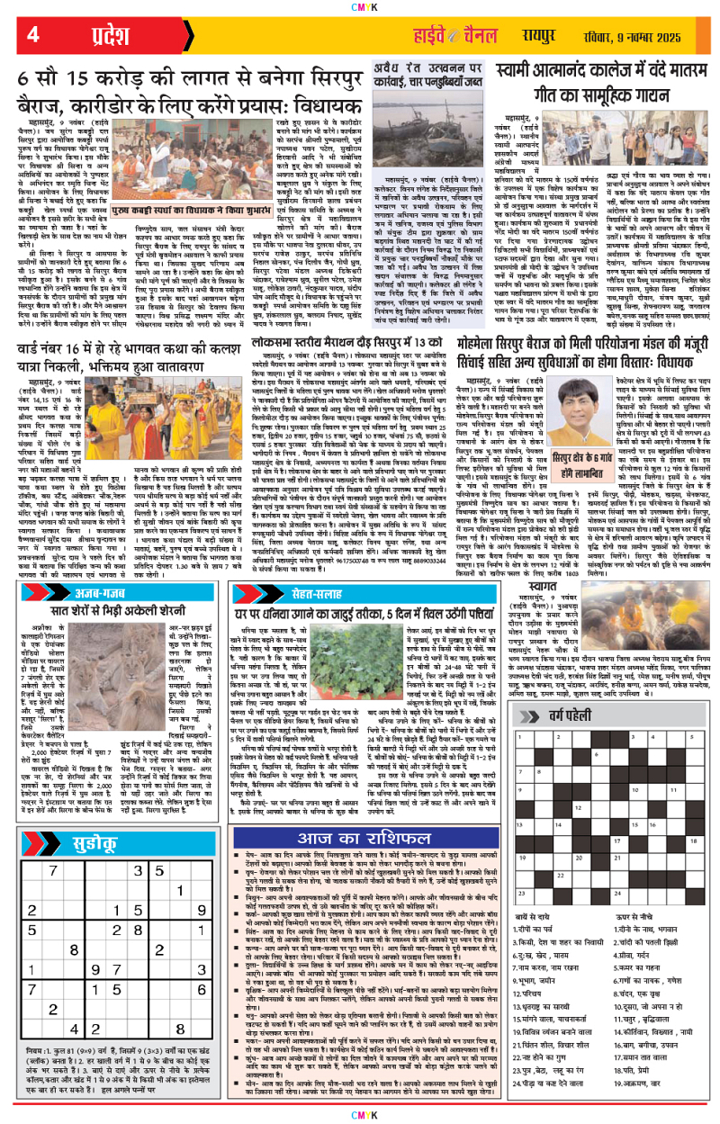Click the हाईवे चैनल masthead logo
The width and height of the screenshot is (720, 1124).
click(449, 35)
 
